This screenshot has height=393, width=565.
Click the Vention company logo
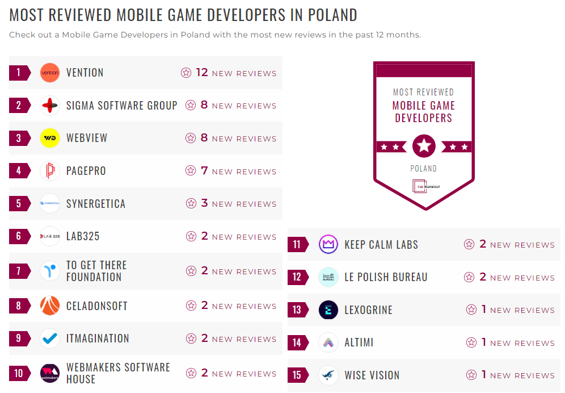[50, 73]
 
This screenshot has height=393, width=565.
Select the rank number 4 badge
[19, 171]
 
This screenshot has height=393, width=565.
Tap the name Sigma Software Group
[121, 106]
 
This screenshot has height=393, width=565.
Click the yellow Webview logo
[50, 138]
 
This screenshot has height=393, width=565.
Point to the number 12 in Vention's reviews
[202, 73]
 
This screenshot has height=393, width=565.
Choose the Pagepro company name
[86, 171]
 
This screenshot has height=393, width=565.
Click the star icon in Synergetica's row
[191, 204]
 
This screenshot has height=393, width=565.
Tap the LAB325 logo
[50, 236]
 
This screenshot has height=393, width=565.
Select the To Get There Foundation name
[96, 271]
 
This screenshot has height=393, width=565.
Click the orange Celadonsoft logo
[50, 306]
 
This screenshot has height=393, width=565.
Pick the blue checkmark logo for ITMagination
[50, 338]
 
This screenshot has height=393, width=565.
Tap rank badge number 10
[19, 373]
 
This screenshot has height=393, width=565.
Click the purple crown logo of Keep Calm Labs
[328, 245]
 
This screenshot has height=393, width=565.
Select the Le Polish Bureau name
[386, 277]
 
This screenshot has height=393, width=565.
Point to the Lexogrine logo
[328, 310]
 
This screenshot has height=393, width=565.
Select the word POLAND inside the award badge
[424, 169]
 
